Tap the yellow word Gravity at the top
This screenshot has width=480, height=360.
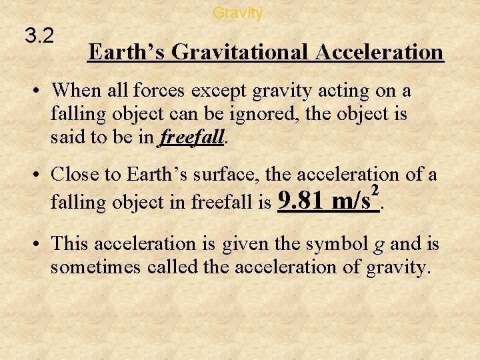237,13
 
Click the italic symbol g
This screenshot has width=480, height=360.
379,245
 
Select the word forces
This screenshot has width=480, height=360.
161,90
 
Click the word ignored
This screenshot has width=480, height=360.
266,114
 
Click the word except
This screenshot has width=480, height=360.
219,91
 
